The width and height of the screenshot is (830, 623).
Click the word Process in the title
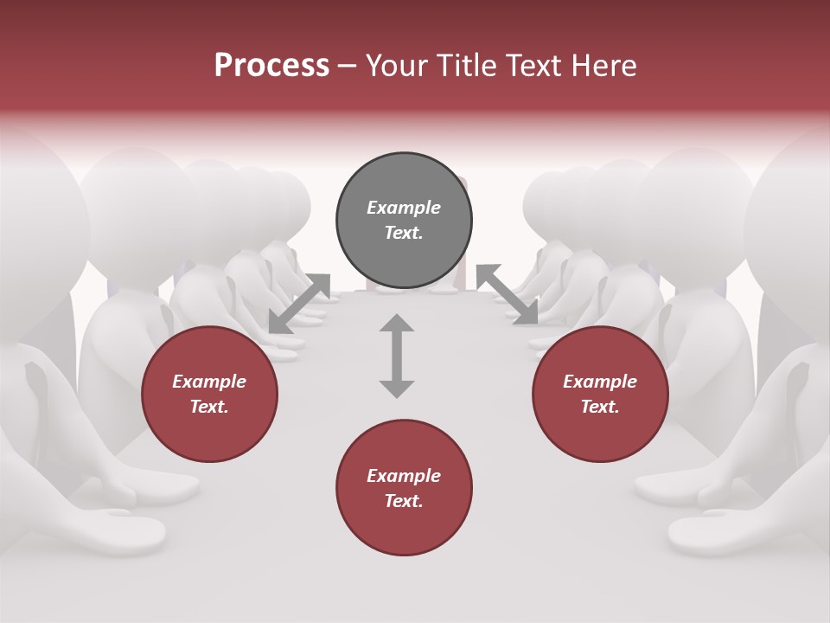point(271,66)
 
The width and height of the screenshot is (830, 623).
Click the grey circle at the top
point(404,221)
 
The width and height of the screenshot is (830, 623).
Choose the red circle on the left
point(209,395)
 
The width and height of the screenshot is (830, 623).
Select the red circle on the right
point(600,395)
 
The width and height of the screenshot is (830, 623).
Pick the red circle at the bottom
point(404,488)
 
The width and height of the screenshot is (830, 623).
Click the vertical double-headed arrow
point(397,356)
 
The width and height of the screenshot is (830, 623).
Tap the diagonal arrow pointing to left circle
point(299,303)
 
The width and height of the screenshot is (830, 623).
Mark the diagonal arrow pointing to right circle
point(508,295)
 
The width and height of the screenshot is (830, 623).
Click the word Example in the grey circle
point(404,208)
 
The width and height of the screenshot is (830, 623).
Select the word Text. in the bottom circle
point(404,501)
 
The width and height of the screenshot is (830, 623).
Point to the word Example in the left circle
point(209,382)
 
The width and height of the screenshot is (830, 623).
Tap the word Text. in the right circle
point(600,407)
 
